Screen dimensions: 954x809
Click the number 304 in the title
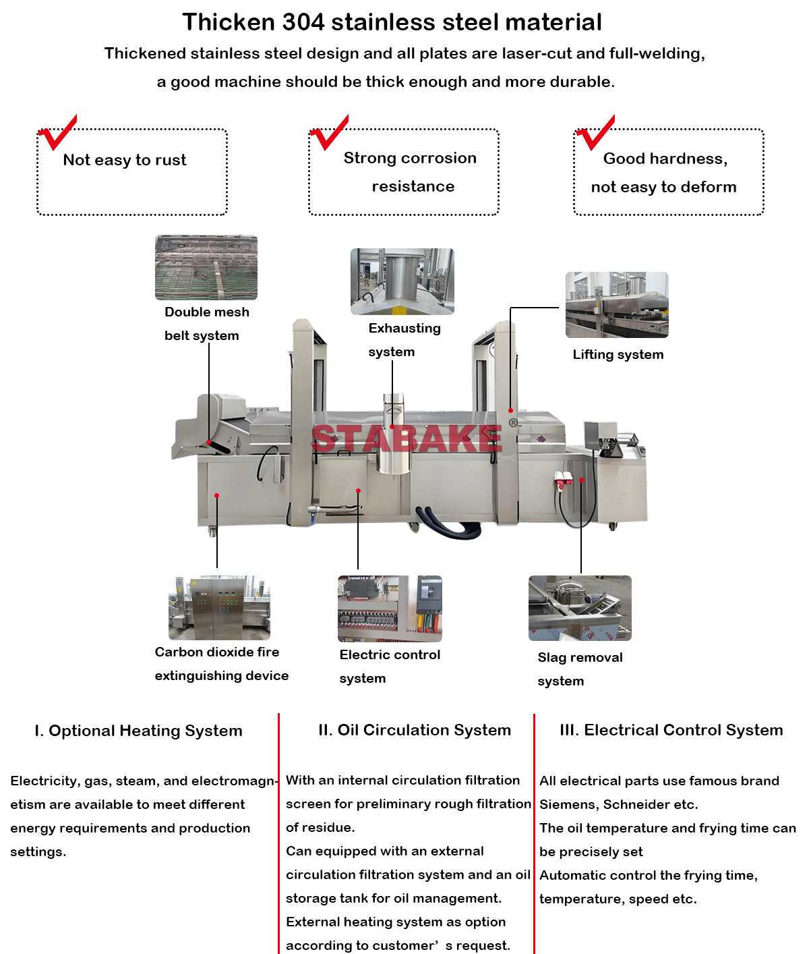303,22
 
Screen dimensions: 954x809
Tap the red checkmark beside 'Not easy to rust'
58,134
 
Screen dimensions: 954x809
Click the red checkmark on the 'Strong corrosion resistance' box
330,134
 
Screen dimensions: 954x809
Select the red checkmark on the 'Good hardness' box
595,134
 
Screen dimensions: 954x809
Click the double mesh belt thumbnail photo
206,267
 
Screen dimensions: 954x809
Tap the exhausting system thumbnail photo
402,281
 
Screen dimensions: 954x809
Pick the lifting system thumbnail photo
617,305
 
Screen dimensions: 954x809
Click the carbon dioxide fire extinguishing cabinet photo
219,607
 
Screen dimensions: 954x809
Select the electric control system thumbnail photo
390,609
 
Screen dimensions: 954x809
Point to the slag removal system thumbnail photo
580,608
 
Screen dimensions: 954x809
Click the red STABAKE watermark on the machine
407,439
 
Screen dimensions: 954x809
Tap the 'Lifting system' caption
618,355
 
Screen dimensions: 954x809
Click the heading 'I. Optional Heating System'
138,731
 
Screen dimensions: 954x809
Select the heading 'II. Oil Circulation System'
415,730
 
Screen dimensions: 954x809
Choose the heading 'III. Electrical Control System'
671,730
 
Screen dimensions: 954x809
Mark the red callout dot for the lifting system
511,410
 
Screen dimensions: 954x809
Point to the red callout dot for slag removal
581,480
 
